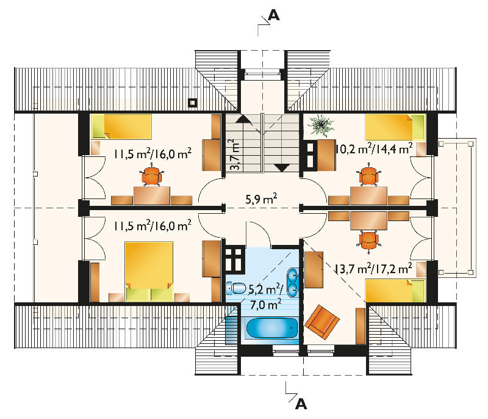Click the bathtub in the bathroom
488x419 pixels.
[271, 329]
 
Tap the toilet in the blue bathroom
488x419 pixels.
[236, 288]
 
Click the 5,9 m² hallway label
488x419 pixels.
[262, 199]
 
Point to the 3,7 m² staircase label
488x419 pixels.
[235, 155]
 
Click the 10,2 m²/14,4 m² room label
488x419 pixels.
[375, 148]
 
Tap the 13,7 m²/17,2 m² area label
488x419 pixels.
[374, 268]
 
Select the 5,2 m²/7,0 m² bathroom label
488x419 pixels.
[266, 297]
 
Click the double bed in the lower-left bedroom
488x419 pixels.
[149, 272]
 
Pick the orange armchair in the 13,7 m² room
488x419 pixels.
[322, 322]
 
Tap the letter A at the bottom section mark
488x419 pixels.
[301, 404]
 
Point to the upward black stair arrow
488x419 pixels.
[242, 119]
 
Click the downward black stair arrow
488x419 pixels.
[282, 167]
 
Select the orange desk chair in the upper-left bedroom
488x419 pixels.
[151, 176]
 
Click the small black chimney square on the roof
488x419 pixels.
[193, 103]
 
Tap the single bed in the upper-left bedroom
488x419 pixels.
[121, 126]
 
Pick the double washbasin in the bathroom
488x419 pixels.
[293, 282]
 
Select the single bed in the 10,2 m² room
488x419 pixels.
[395, 127]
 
